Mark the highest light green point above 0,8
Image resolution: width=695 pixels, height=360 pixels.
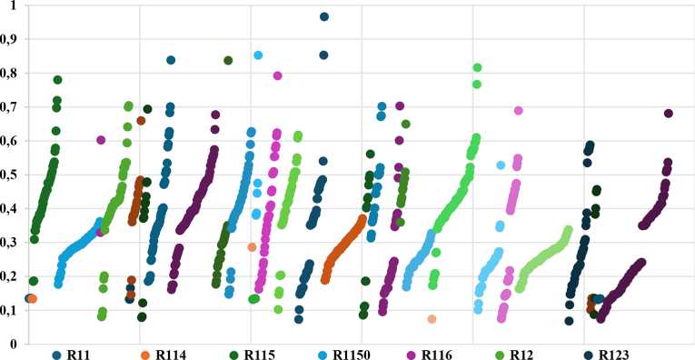(477, 68)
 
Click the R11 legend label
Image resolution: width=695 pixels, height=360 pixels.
(79, 355)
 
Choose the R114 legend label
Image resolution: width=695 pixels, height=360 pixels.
(171, 355)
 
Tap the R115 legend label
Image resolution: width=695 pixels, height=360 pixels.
(259, 355)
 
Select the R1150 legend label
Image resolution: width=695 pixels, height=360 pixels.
(352, 355)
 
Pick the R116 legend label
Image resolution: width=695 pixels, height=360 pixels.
(437, 355)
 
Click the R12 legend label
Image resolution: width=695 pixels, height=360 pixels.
(521, 355)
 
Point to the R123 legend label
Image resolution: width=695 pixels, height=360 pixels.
(614, 355)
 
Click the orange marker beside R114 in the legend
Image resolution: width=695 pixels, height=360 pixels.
(145, 355)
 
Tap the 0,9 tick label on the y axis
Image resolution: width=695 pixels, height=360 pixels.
(7, 39)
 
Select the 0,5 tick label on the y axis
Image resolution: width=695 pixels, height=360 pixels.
(7, 175)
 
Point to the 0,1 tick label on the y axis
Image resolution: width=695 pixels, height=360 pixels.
(7, 310)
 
